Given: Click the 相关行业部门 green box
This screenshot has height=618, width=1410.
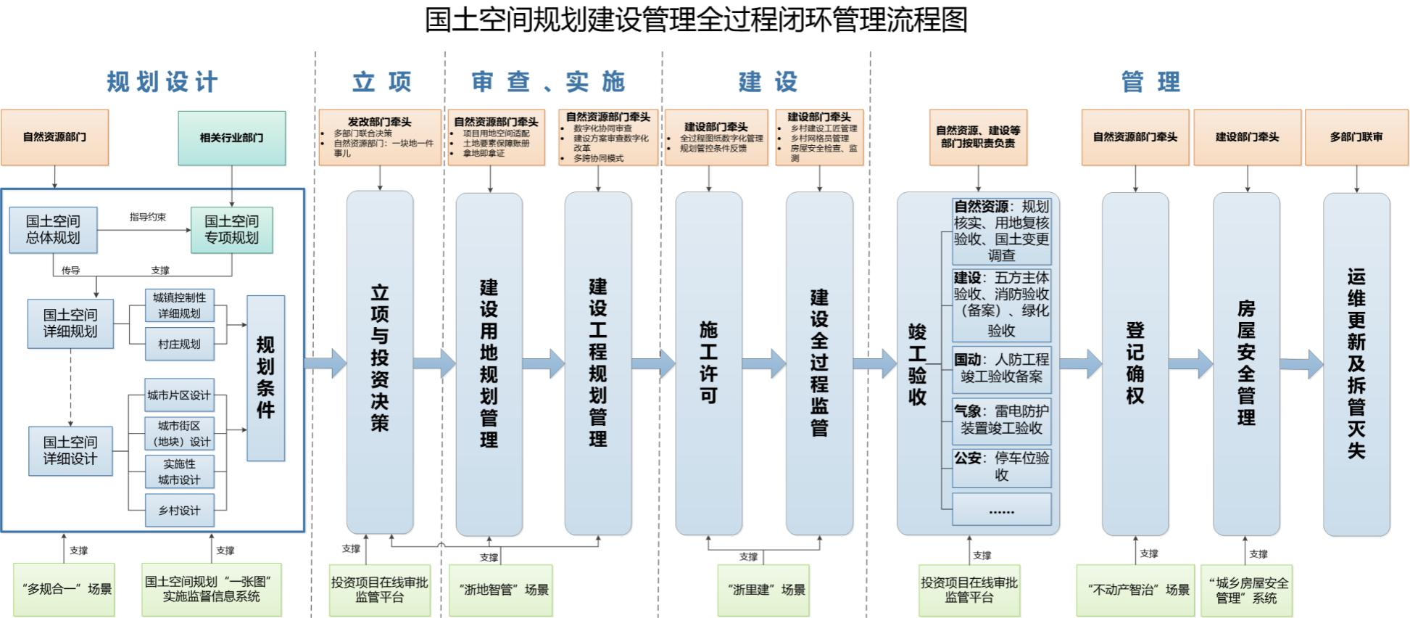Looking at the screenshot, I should pyautogui.click(x=232, y=138).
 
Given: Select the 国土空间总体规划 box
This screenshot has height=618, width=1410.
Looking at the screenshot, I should pyautogui.click(x=53, y=229).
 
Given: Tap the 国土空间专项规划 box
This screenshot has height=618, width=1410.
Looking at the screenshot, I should pyautogui.click(x=231, y=229).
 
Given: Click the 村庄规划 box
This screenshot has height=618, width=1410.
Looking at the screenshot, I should pyautogui.click(x=179, y=344).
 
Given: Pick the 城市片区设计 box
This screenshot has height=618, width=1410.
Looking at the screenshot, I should pyautogui.click(x=179, y=395).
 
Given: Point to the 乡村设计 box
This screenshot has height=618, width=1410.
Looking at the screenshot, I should pyautogui.click(x=179, y=510).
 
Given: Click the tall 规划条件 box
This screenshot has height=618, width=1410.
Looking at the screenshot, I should pyautogui.click(x=265, y=378).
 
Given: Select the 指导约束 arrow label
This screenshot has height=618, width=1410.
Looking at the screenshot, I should pyautogui.click(x=147, y=217).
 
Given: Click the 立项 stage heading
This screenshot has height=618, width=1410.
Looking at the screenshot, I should pyautogui.click(x=381, y=82).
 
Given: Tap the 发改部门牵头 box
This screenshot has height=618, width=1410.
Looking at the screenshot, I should pyautogui.click(x=380, y=137).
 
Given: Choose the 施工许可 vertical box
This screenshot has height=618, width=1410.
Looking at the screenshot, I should pyautogui.click(x=708, y=363).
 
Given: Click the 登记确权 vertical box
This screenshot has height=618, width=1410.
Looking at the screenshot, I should pyautogui.click(x=1135, y=363).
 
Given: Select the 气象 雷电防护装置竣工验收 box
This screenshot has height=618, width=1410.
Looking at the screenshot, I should pyautogui.click(x=1001, y=420).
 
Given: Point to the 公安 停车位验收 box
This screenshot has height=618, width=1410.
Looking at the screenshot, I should pyautogui.click(x=1001, y=466).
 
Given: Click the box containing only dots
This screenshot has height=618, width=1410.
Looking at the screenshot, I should pyautogui.click(x=1001, y=509).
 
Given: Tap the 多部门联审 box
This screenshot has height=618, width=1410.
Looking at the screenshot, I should pyautogui.click(x=1356, y=137).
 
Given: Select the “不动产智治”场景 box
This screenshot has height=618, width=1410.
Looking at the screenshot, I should pyautogui.click(x=1135, y=590).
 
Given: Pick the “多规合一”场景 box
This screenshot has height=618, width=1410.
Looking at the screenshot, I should pyautogui.click(x=64, y=589).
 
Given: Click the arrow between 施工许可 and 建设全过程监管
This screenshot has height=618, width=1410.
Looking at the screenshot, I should pyautogui.click(x=764, y=363).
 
